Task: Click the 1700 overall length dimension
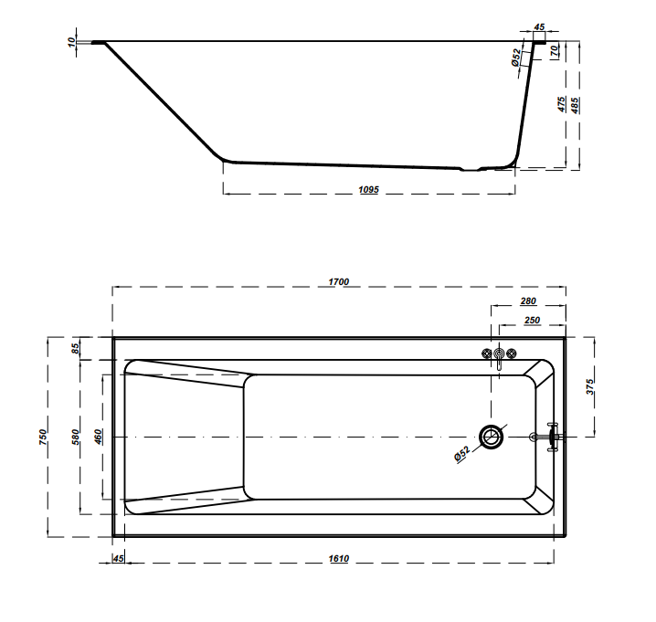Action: pyautogui.click(x=338, y=281)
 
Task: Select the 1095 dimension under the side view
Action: pyautogui.click(x=368, y=189)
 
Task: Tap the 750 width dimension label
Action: pyautogui.click(x=43, y=437)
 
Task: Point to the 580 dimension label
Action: pyautogui.click(x=75, y=437)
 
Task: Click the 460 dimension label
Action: pyautogui.click(x=98, y=437)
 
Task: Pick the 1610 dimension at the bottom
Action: pyautogui.click(x=338, y=558)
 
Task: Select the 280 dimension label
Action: pyautogui.click(x=528, y=300)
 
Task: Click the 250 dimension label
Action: pyautogui.click(x=532, y=320)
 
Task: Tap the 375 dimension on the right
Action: pyautogui.click(x=589, y=387)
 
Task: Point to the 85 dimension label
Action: pyautogui.click(x=75, y=348)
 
